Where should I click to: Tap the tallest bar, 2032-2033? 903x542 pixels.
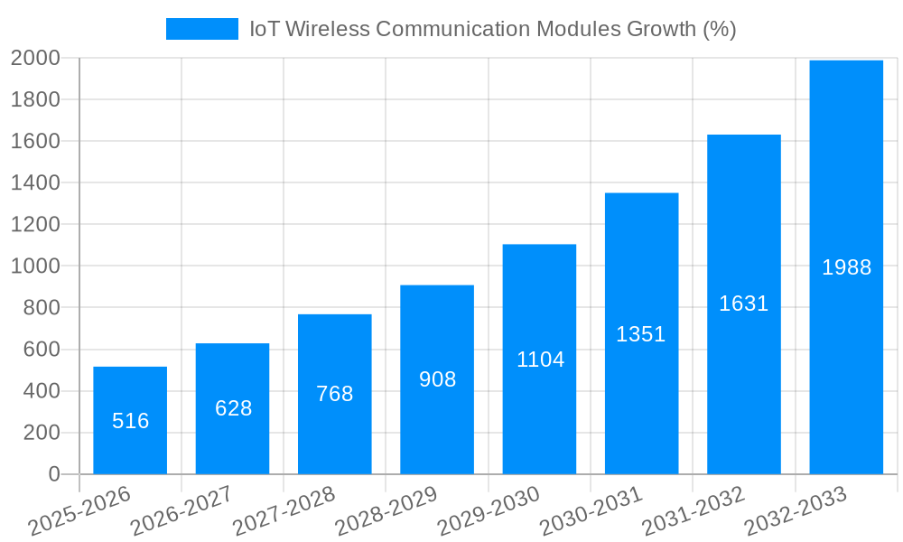[x=846, y=181]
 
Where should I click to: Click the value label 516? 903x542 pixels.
[x=130, y=421]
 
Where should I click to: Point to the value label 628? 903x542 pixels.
[x=233, y=408]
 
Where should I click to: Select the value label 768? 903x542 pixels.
[x=335, y=394]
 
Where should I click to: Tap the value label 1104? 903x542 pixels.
[x=540, y=360]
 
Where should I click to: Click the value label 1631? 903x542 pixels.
[x=743, y=304]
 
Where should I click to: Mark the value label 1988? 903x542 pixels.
[x=846, y=267]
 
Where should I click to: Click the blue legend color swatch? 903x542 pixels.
[x=201, y=29]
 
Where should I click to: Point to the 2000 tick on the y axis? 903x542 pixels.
[x=35, y=59]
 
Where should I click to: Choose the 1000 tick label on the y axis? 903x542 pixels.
[x=35, y=266]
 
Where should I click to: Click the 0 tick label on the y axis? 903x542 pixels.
[x=53, y=474]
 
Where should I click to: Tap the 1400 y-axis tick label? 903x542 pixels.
[x=35, y=183]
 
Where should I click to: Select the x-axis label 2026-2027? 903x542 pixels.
[x=182, y=511]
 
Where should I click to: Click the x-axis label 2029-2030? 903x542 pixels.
[x=489, y=511]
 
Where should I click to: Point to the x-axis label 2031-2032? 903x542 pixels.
[x=694, y=511]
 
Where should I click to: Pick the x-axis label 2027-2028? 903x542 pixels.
[x=284, y=511]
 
